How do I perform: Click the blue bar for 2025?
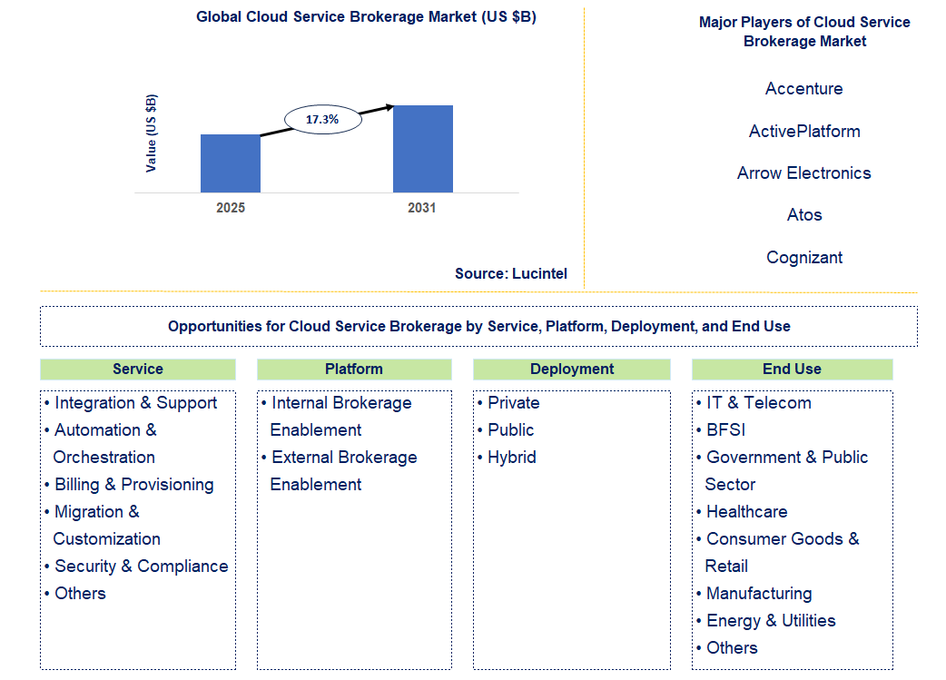[x=231, y=163]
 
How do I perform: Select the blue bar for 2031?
[x=422, y=149]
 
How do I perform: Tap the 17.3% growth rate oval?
[x=321, y=119]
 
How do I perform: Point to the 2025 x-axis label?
[x=231, y=208]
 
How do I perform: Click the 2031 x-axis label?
[x=422, y=208]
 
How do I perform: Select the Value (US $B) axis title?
[x=152, y=133]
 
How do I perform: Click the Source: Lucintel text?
[x=511, y=273]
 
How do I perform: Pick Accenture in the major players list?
[x=803, y=89]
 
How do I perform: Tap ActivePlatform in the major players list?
[x=803, y=132]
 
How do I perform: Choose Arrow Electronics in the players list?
[x=803, y=173]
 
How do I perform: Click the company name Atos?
[x=803, y=215]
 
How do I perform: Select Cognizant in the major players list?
[x=803, y=258]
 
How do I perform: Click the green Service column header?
[x=138, y=370]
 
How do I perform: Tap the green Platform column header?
[x=354, y=370]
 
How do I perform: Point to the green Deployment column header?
[x=572, y=370]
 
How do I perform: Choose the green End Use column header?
[x=792, y=370]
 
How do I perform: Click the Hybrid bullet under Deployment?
[x=512, y=458]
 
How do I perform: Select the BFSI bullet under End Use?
[x=725, y=430]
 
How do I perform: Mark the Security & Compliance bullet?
[x=141, y=567]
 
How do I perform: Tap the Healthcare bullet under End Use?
[x=746, y=512]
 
